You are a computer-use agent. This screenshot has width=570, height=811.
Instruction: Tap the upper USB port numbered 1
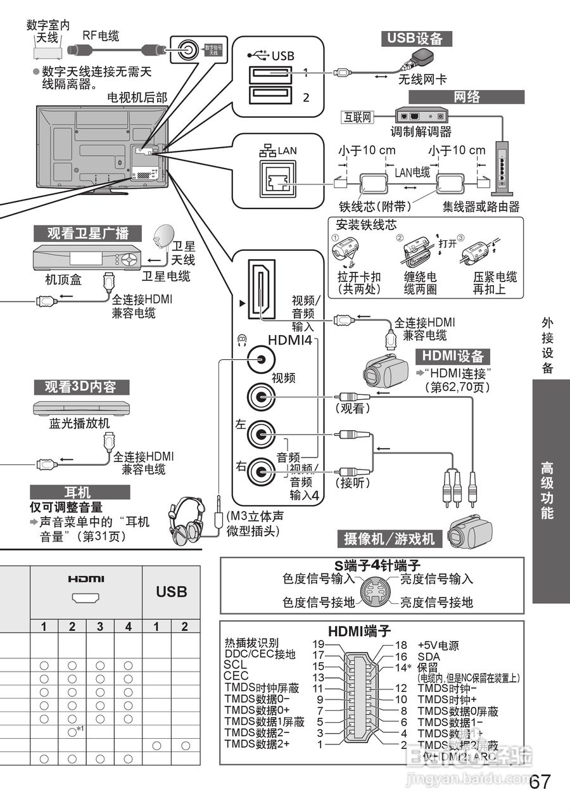tap(270, 73)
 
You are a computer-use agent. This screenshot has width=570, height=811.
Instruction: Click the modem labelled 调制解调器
tap(421, 117)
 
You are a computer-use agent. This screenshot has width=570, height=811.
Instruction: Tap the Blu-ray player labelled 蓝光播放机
tap(80, 407)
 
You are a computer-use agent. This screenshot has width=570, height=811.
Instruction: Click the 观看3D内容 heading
tap(80, 387)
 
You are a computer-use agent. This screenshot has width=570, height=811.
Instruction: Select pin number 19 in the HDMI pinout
tap(319, 644)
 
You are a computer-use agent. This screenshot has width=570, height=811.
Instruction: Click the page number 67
tap(540, 781)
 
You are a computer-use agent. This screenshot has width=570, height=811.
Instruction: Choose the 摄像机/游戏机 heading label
tap(389, 539)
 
